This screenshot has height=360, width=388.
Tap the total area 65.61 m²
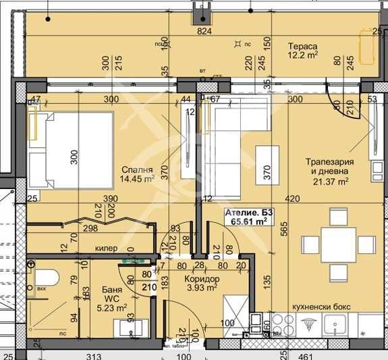(x=249, y=220)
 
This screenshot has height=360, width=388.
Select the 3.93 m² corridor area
(x=200, y=288)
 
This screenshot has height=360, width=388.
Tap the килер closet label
(x=103, y=249)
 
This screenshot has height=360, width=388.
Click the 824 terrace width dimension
(x=205, y=31)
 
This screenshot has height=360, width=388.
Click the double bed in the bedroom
(x=75, y=150)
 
